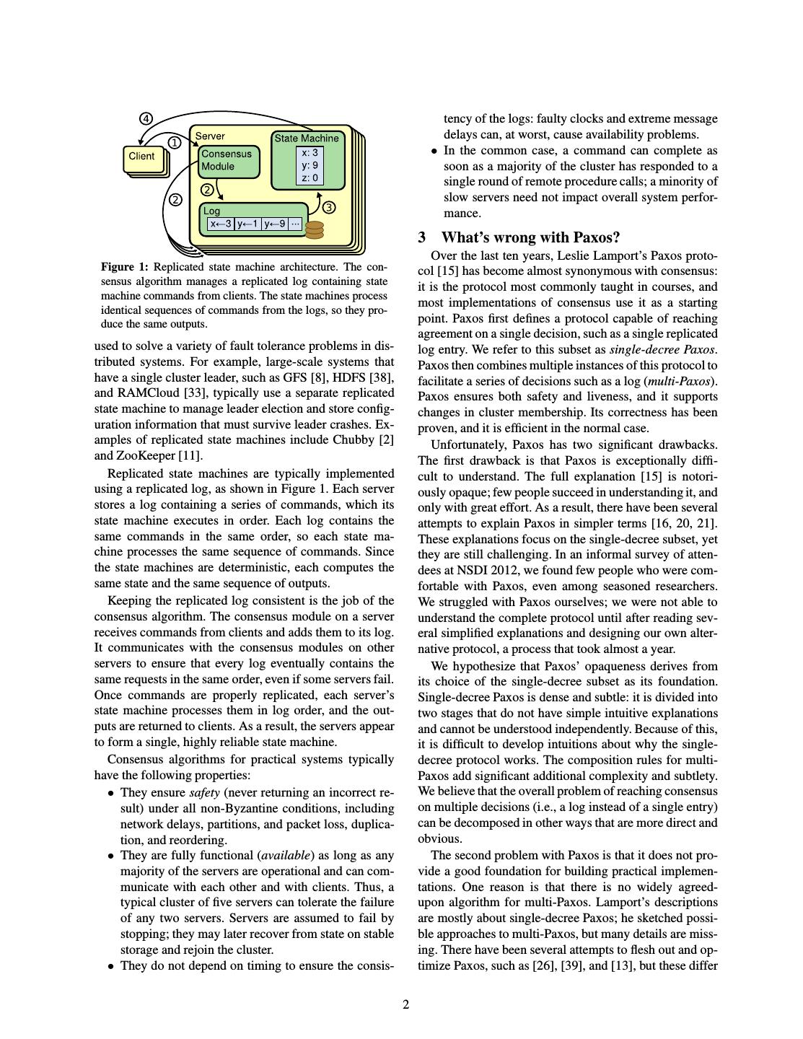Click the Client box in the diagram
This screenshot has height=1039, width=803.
[141, 157]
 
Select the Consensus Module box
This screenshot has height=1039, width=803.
[227, 160]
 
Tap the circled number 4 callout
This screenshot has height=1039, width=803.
[146, 118]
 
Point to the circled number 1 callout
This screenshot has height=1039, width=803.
[174, 143]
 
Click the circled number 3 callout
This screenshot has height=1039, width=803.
[328, 208]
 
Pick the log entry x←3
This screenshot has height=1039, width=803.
[220, 224]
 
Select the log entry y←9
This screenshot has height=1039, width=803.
[275, 224]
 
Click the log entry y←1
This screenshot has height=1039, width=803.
[247, 224]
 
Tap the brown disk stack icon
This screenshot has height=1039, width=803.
[315, 229]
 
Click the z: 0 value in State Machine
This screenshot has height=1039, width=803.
[310, 177]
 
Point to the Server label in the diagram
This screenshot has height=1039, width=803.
[210, 136]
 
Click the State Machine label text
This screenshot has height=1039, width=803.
[306, 138]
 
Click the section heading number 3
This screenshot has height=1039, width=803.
[422, 237]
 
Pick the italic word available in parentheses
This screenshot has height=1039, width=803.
[286, 856]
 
